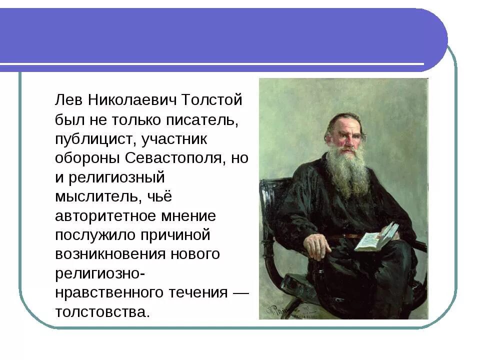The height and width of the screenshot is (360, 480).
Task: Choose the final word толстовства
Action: tap(102, 312)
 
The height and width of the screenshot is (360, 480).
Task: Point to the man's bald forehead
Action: tap(345, 122)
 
